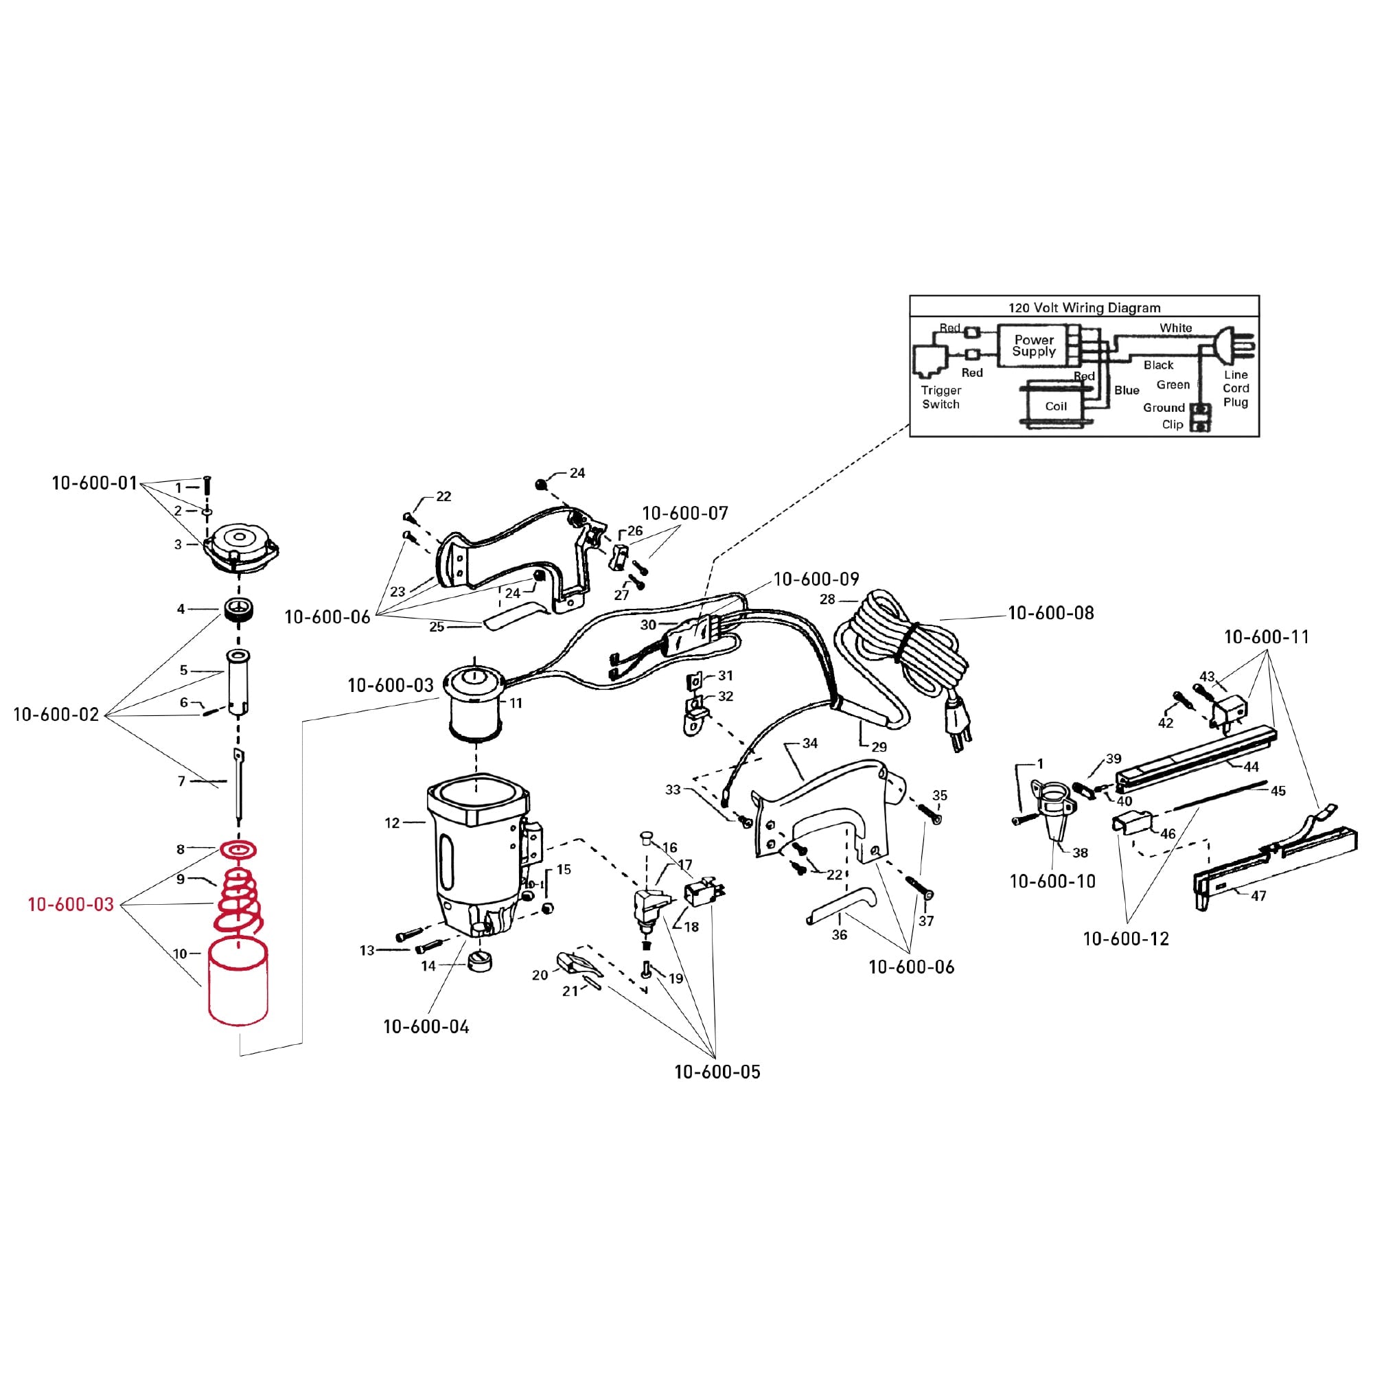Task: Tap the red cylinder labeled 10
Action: [238, 984]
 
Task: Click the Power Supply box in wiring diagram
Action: [1033, 346]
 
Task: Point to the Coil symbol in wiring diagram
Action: [1056, 406]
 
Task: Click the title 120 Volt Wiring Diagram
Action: [1084, 308]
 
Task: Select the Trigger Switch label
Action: [941, 397]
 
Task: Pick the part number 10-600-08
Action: [1050, 612]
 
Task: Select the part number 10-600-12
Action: [1126, 938]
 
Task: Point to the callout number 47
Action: [1258, 896]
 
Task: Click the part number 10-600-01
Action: [94, 483]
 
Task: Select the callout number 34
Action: [809, 743]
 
